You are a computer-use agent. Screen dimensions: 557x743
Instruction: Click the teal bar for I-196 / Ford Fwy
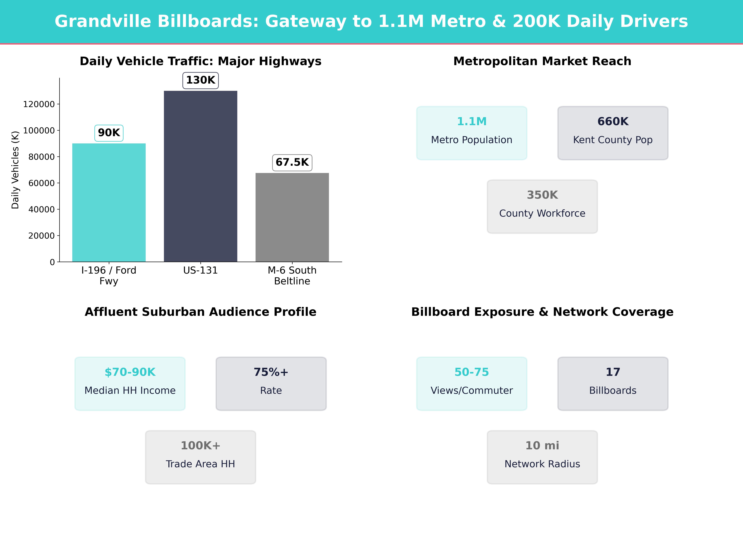109,202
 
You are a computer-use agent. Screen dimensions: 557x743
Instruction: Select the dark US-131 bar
200,176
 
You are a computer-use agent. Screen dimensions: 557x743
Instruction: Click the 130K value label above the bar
200,80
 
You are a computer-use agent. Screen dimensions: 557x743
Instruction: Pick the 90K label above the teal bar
109,133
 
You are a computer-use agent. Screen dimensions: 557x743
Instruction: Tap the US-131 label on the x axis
200,270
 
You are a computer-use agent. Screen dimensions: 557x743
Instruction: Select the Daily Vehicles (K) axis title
15,170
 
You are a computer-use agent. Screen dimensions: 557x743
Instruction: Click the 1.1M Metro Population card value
472,122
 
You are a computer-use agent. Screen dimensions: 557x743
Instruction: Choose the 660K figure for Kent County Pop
613,122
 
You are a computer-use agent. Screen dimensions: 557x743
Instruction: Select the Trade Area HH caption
200,464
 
